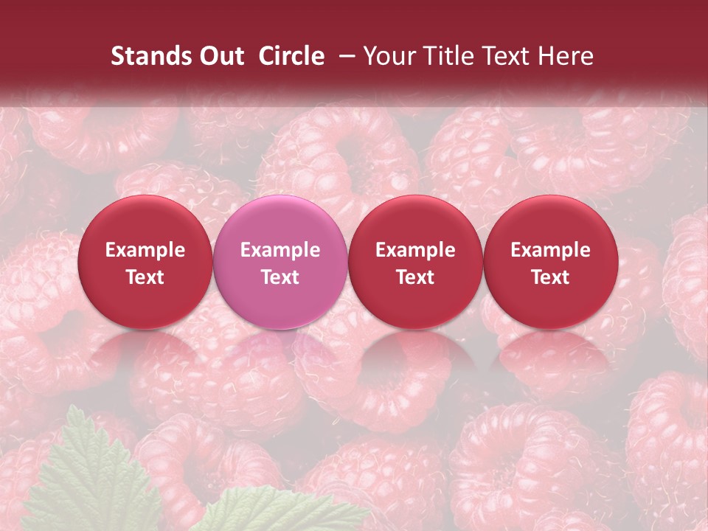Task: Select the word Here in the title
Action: pyautogui.click(x=566, y=56)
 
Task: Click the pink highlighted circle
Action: pyautogui.click(x=280, y=262)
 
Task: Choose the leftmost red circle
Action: pyautogui.click(x=145, y=262)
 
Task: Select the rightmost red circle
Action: pyautogui.click(x=551, y=262)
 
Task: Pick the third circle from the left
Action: pyautogui.click(x=415, y=262)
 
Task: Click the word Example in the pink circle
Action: pyautogui.click(x=280, y=250)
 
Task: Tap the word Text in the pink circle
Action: pyautogui.click(x=280, y=277)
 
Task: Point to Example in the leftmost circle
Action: pyautogui.click(x=145, y=250)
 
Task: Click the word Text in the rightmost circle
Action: pyautogui.click(x=551, y=277)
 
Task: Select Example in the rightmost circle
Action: pyautogui.click(x=551, y=250)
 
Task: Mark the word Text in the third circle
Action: pyautogui.click(x=415, y=277)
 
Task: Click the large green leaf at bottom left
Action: pyautogui.click(x=88, y=479)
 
